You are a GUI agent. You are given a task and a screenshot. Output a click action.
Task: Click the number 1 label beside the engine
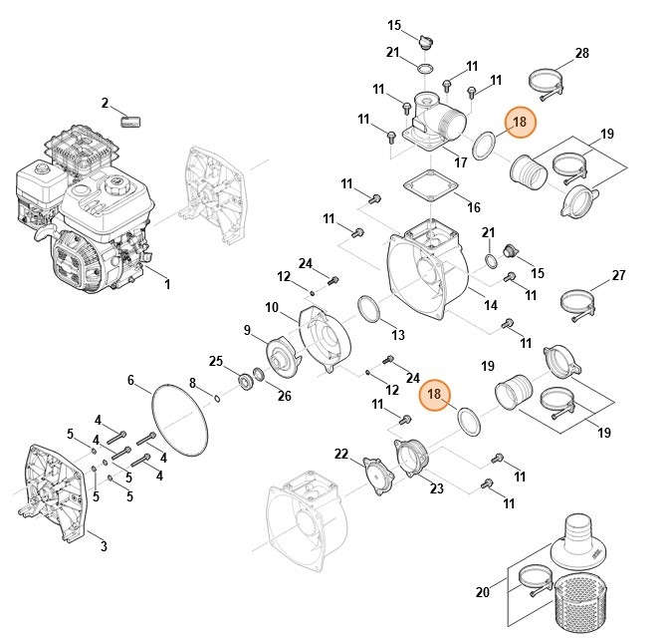click(167, 284)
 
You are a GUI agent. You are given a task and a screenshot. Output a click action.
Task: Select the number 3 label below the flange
click(104, 545)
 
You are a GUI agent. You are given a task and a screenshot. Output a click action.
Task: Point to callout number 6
click(130, 380)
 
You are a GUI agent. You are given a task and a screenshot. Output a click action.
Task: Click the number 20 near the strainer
click(483, 592)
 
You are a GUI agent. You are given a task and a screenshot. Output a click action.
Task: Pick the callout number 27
click(618, 275)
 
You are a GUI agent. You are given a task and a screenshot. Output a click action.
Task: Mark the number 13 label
click(397, 334)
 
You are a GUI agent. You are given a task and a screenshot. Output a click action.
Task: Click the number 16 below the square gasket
click(473, 207)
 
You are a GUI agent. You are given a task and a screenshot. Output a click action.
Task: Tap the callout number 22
click(341, 455)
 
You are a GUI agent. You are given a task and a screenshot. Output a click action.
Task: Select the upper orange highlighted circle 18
click(519, 124)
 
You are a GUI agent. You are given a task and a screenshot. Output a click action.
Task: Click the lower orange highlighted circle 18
click(434, 395)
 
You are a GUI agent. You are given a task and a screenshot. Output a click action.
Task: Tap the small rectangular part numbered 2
click(132, 121)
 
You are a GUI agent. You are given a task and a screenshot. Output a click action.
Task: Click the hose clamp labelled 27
click(577, 301)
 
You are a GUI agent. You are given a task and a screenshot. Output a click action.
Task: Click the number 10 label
click(272, 306)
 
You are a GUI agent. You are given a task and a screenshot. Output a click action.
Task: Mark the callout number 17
click(460, 161)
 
